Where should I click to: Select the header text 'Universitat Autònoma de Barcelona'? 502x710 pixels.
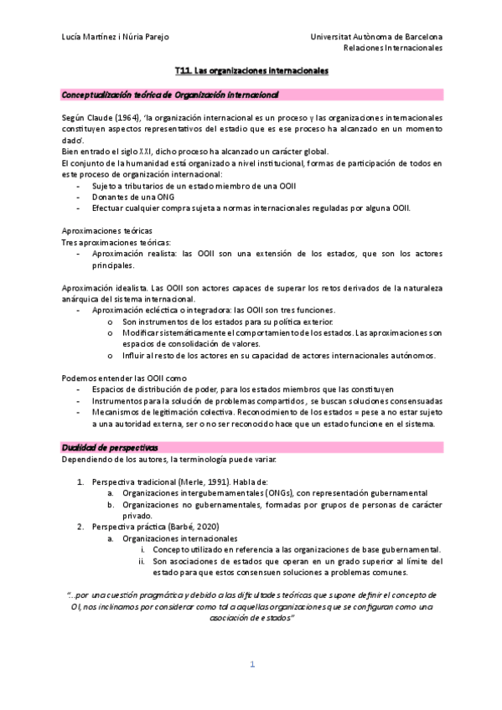pyautogui.click(x=376, y=38)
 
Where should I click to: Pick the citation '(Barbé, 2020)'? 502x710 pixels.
pyautogui.click(x=189, y=527)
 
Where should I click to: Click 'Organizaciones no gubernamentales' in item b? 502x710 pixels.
pyautogui.click(x=195, y=505)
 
